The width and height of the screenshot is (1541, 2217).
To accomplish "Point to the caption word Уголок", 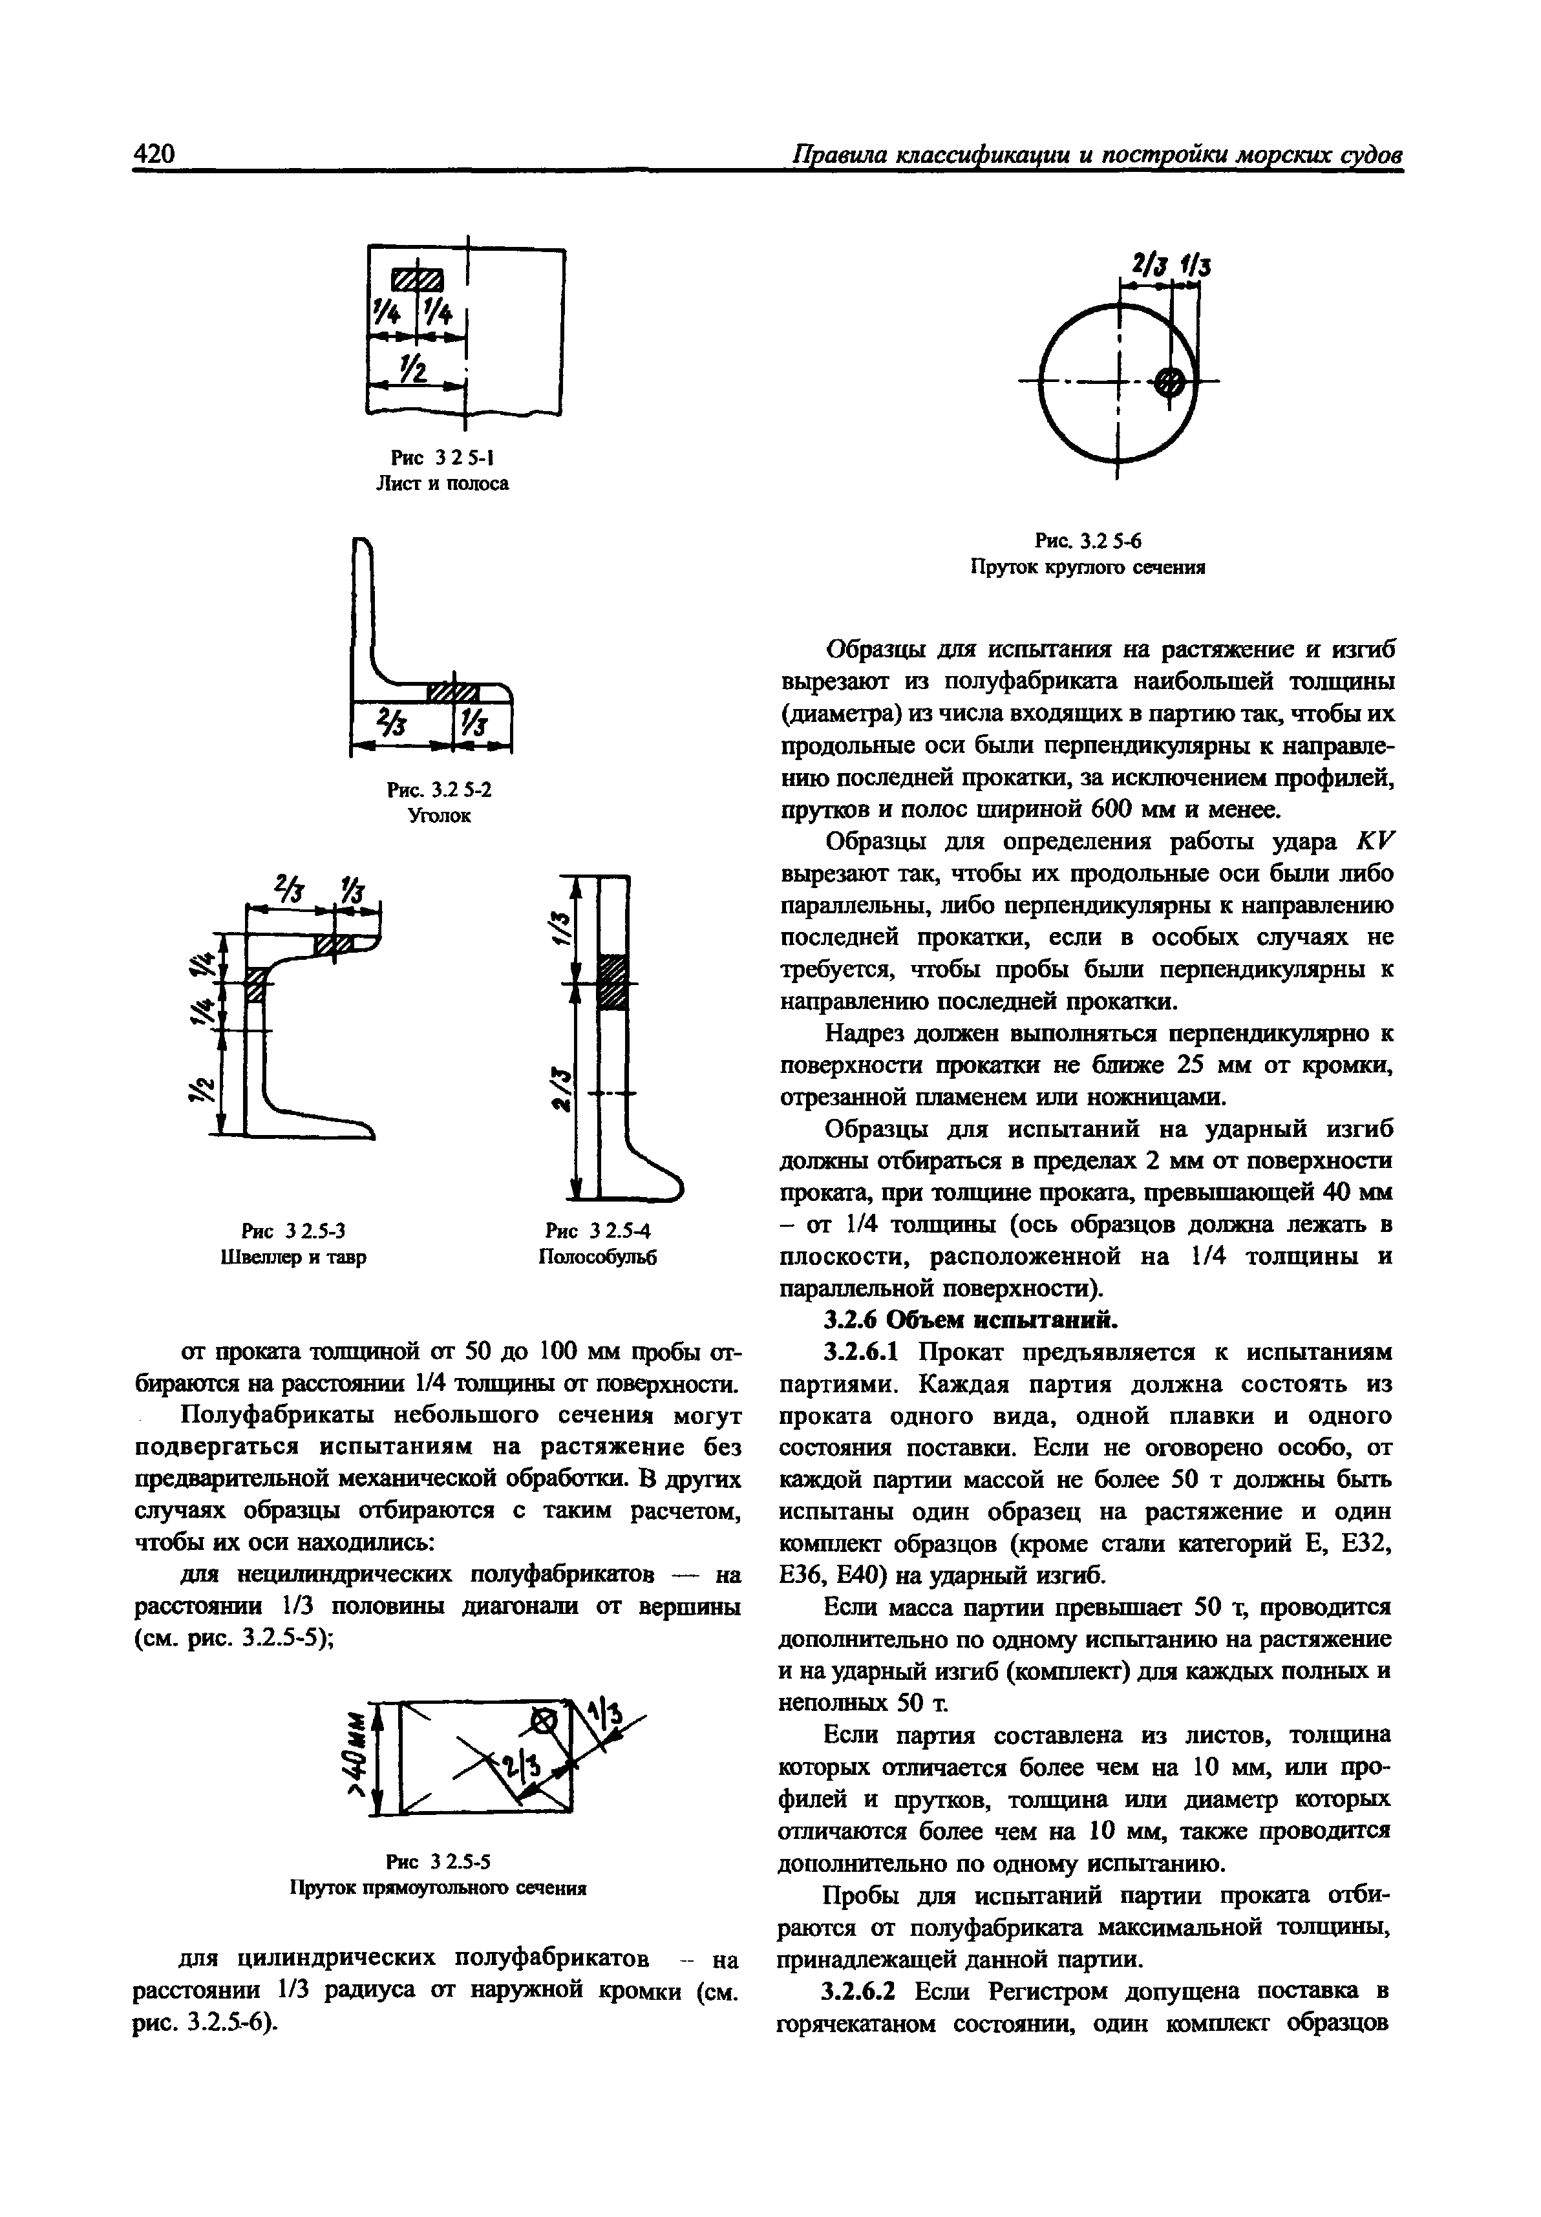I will [440, 816].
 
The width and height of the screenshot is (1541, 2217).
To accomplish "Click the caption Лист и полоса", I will [441, 483].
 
